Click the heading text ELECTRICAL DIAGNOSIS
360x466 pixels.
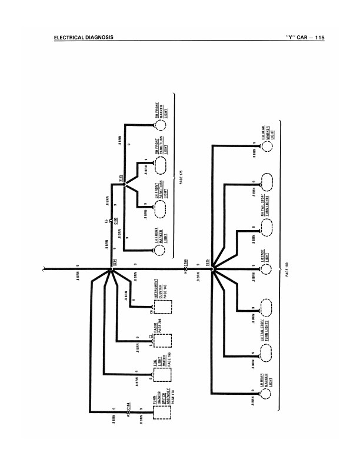coord(83,38)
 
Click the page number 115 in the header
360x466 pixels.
coord(319,38)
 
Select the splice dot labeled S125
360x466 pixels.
coord(124,184)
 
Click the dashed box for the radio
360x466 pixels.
coord(163,341)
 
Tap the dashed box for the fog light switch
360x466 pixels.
coord(163,375)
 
